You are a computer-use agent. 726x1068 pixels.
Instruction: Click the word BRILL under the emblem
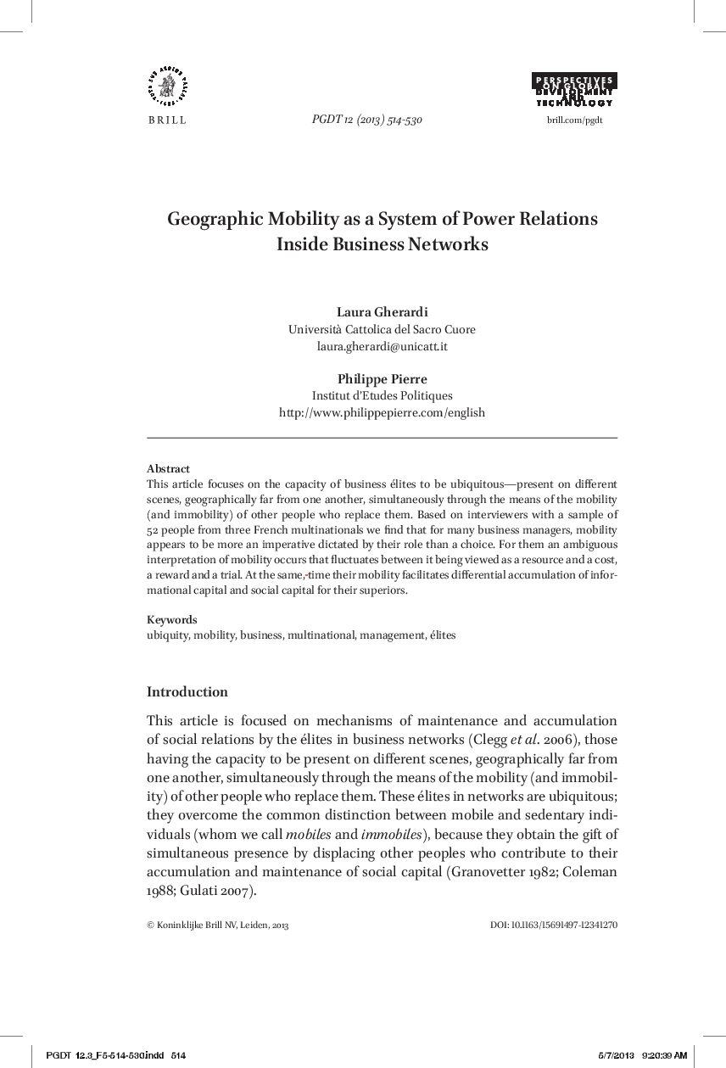tap(167, 120)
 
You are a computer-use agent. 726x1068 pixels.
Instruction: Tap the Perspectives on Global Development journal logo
tap(574, 90)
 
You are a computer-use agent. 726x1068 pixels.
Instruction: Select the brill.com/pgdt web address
tap(574, 120)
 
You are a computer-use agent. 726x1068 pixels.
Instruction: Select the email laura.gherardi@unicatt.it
tap(382, 346)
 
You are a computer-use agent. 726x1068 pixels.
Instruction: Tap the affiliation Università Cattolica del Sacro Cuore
tap(382, 329)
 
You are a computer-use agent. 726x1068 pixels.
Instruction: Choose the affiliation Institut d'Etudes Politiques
tap(382, 395)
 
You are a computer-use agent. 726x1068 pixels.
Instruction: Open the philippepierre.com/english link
tap(382, 412)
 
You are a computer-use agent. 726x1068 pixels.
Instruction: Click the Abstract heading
tap(168, 468)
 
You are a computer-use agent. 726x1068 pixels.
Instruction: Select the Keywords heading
tap(171, 619)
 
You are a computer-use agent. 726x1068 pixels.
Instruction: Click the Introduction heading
tap(187, 691)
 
